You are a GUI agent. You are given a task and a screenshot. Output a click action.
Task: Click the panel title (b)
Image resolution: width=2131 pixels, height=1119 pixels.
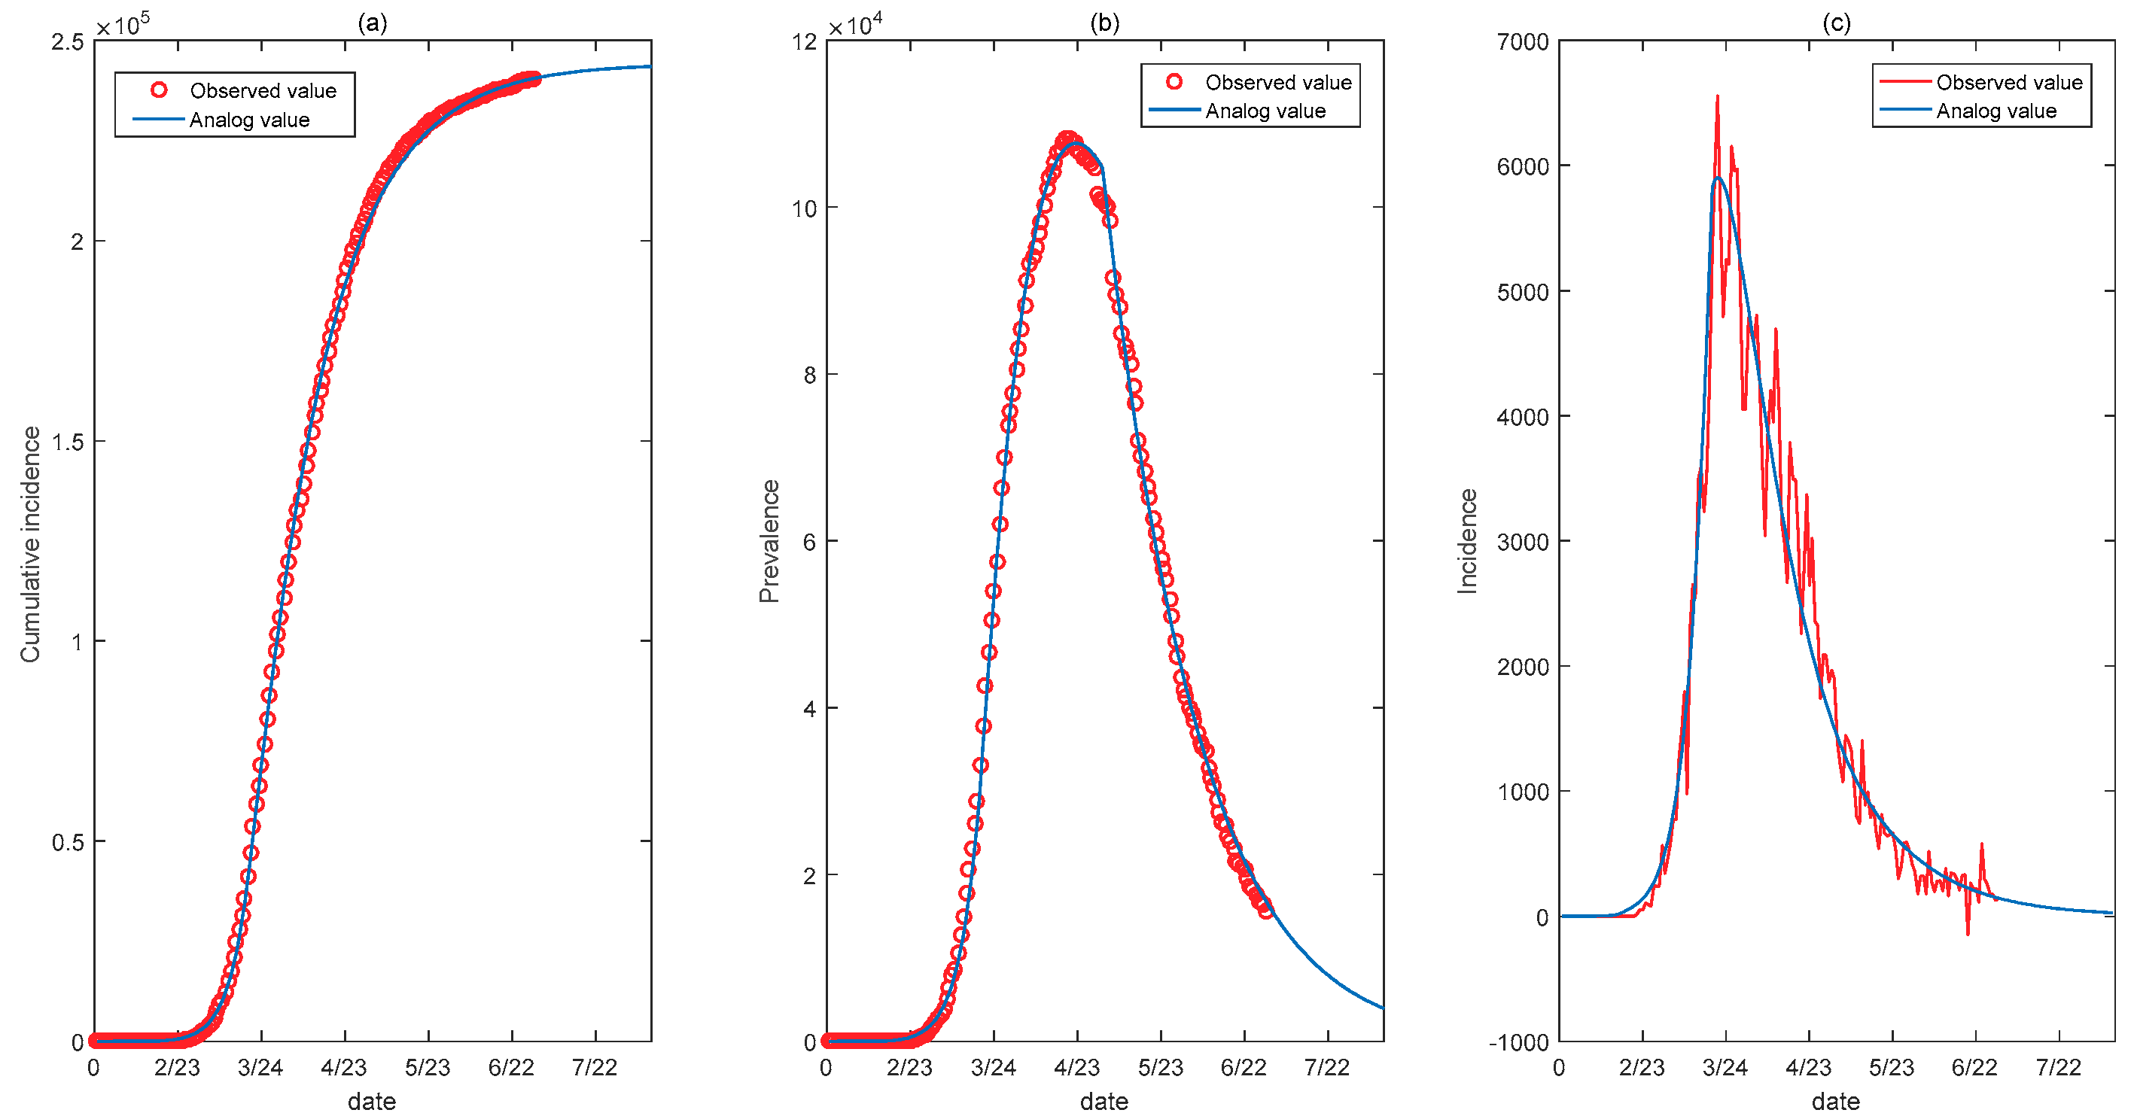tap(1104, 23)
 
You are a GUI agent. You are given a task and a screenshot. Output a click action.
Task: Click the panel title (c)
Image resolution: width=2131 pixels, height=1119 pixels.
tap(1836, 23)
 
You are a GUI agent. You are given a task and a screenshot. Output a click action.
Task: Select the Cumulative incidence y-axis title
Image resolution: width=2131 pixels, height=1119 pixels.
tap(31, 543)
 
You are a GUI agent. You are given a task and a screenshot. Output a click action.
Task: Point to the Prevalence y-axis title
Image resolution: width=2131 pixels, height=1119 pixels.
tap(769, 541)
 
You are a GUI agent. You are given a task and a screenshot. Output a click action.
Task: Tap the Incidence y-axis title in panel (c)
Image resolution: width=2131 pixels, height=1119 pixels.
tap(1467, 541)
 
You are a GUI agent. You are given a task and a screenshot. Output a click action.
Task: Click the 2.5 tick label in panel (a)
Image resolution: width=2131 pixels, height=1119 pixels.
tap(68, 41)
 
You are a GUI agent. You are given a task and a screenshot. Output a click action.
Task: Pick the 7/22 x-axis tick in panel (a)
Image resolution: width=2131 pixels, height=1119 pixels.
tap(594, 1067)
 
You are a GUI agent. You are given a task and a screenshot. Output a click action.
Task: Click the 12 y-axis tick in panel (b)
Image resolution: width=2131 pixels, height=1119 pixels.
tap(804, 41)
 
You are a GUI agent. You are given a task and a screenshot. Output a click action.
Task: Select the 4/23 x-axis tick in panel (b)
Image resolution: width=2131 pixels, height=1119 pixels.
tap(1076, 1067)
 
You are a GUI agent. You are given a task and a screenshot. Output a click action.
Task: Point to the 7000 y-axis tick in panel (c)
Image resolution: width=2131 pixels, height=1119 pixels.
tap(1522, 41)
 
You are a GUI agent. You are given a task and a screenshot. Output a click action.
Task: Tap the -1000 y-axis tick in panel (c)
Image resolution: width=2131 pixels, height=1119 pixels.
tap(1518, 1042)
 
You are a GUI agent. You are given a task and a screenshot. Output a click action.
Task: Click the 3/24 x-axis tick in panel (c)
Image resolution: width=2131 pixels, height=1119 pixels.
tap(1725, 1067)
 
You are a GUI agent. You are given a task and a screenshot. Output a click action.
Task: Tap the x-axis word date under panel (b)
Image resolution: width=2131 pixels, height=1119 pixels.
tap(1104, 1101)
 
